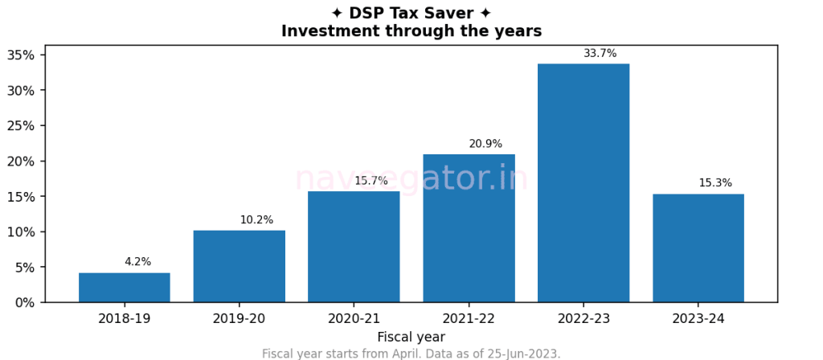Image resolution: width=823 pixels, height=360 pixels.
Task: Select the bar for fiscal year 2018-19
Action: (x=125, y=288)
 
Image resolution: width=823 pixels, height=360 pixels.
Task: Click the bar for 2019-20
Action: (x=240, y=266)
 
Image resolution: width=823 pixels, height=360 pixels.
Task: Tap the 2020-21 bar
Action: (x=354, y=247)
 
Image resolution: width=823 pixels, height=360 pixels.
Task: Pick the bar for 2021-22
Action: (x=469, y=228)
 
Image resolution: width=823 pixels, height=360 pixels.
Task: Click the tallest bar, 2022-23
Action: (x=583, y=183)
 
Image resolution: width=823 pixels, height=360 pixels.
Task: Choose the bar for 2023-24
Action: (x=698, y=247)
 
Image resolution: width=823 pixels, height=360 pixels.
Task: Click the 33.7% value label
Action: (x=600, y=54)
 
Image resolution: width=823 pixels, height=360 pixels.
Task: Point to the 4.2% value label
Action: (x=137, y=262)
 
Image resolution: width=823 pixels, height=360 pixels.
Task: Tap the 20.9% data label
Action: (x=485, y=144)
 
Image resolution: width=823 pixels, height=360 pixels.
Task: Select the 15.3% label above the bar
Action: (x=715, y=183)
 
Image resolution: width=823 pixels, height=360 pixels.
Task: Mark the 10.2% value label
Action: (x=256, y=219)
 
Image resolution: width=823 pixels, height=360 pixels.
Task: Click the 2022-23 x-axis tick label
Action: (x=583, y=319)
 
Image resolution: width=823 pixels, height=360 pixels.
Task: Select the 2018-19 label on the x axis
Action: (x=125, y=319)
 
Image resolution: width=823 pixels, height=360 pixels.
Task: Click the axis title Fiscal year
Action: (x=411, y=337)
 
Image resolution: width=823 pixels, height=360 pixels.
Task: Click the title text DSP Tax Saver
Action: (x=411, y=14)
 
